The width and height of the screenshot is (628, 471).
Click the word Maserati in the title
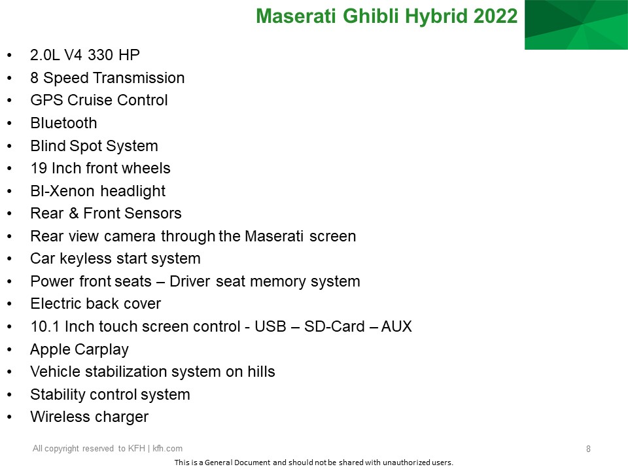[296, 16]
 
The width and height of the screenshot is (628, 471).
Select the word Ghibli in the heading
[370, 16]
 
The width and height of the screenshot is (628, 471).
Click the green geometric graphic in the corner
[576, 25]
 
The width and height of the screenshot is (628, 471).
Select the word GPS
[47, 100]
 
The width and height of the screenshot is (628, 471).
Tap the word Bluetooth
[63, 123]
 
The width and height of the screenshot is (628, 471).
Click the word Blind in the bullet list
[48, 146]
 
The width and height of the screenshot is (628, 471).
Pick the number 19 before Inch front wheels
[39, 168]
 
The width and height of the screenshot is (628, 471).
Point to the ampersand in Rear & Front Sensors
[74, 213]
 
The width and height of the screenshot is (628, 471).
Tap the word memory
[278, 281]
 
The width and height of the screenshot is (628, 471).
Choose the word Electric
[56, 304]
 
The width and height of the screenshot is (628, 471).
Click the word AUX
[396, 326]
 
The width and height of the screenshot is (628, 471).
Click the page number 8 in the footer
[588, 449]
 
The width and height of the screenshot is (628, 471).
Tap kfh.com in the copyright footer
[167, 449]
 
